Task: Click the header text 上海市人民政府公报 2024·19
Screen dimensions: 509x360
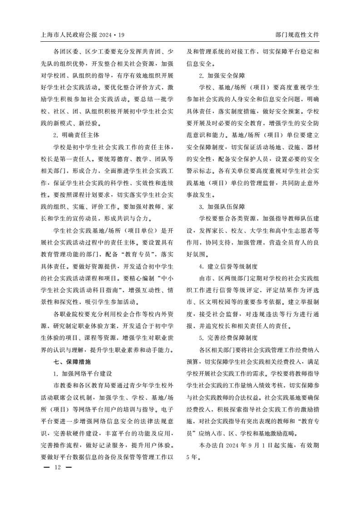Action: tap(83, 35)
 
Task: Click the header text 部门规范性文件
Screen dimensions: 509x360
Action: tap(297, 35)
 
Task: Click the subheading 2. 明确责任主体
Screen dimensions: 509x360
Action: tap(76, 135)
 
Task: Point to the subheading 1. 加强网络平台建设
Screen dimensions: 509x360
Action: tap(82, 373)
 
